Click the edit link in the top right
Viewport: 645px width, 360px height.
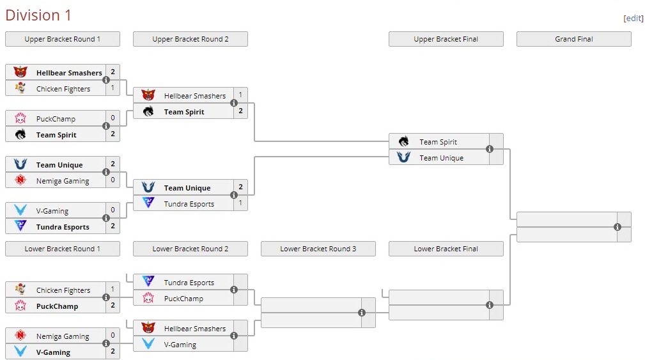pyautogui.click(x=633, y=19)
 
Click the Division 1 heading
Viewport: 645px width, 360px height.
pyautogui.click(x=38, y=15)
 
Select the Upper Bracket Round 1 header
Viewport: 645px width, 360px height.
pyautogui.click(x=63, y=39)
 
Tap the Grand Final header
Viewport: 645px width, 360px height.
pyautogui.click(x=573, y=39)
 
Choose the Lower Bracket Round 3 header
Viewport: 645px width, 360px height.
pyautogui.click(x=318, y=249)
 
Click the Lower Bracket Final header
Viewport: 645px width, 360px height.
pyautogui.click(x=446, y=249)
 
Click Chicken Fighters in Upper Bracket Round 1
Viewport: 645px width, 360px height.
pyautogui.click(x=63, y=89)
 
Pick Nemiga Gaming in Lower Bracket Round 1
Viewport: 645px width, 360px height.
pyautogui.click(x=63, y=336)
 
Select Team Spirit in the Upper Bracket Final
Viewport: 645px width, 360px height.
pyautogui.click(x=439, y=142)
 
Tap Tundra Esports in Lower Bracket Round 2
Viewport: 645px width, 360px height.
pyautogui.click(x=189, y=283)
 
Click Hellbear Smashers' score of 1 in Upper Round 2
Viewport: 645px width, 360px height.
pyautogui.click(x=240, y=95)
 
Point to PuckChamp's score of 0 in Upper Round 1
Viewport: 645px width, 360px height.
pyautogui.click(x=113, y=118)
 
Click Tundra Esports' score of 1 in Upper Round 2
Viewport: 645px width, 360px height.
pyautogui.click(x=240, y=203)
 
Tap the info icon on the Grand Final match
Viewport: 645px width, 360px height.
pyautogui.click(x=618, y=227)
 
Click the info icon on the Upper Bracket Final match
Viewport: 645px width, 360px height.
pyautogui.click(x=490, y=149)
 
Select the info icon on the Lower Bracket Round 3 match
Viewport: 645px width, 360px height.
pyautogui.click(x=362, y=313)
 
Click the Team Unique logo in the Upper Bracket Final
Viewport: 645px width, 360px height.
pyautogui.click(x=403, y=157)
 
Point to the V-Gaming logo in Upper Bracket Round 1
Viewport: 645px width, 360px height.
pyautogui.click(x=20, y=210)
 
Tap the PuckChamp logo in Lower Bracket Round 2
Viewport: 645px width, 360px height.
pyautogui.click(x=148, y=298)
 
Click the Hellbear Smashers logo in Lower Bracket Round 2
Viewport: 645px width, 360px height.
pyautogui.click(x=148, y=328)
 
